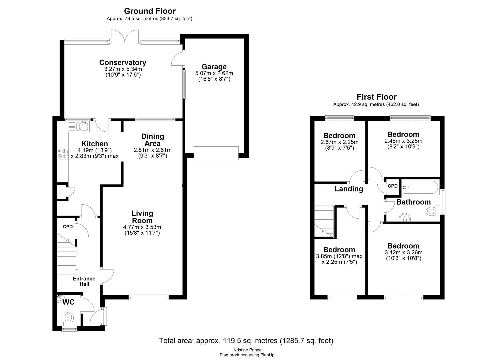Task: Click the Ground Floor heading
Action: tap(150, 11)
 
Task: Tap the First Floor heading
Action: tap(376, 97)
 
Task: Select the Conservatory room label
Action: tap(123, 63)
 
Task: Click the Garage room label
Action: tap(214, 67)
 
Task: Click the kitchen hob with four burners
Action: tap(62, 153)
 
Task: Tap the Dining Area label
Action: tap(153, 140)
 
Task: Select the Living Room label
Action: tap(142, 217)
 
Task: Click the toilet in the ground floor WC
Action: tap(69, 317)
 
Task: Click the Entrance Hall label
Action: tap(84, 281)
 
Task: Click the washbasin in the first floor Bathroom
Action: tap(405, 217)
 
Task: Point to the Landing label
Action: tap(349, 189)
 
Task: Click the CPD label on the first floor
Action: tap(393, 186)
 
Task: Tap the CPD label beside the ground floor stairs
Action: tap(68, 227)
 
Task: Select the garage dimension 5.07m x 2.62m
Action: tap(214, 73)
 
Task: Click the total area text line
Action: tap(246, 341)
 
